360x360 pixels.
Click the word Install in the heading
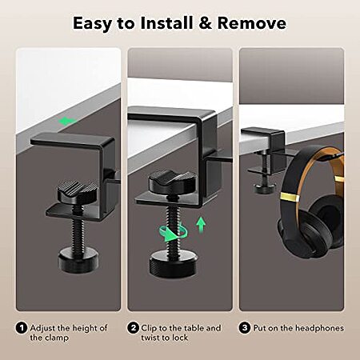(x=167, y=23)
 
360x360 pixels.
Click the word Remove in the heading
(x=252, y=23)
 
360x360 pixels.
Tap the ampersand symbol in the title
(x=206, y=23)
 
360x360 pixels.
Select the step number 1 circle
(x=22, y=328)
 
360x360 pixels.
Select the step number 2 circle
(x=133, y=328)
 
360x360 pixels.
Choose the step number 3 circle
(x=245, y=328)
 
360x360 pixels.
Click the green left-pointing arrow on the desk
(x=67, y=122)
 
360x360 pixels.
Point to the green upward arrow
(x=201, y=225)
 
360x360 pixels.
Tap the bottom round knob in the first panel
(x=78, y=260)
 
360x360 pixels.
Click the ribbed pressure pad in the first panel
(x=78, y=190)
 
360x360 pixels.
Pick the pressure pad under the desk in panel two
(x=172, y=182)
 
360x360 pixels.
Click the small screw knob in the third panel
(x=264, y=189)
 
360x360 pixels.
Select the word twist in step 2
(x=150, y=338)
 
